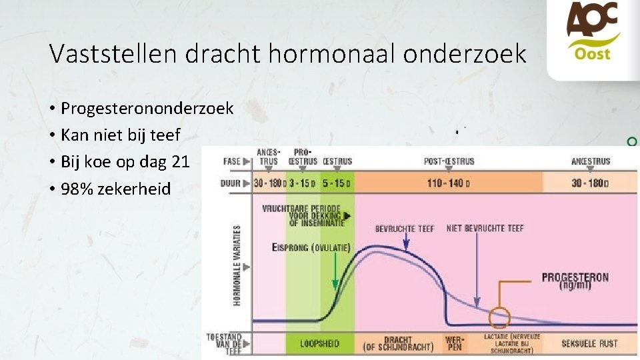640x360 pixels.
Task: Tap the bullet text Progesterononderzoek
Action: [x=147, y=107]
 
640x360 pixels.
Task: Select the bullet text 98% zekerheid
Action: [x=115, y=189]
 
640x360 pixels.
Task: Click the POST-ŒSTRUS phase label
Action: [x=449, y=161]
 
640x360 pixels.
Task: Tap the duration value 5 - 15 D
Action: [x=337, y=183]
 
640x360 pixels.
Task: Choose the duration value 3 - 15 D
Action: [x=303, y=183]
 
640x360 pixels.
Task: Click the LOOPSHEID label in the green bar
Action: [x=319, y=344]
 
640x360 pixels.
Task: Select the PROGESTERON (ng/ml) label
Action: [x=575, y=280]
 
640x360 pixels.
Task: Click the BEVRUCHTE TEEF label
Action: [x=404, y=229]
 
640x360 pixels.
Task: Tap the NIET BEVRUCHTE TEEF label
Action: [x=485, y=229]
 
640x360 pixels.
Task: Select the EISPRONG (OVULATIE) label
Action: [x=310, y=247]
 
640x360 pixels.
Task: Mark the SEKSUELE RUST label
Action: [x=589, y=344]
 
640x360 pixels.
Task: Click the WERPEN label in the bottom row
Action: [x=454, y=343]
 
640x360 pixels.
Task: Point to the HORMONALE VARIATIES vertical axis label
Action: [x=237, y=265]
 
